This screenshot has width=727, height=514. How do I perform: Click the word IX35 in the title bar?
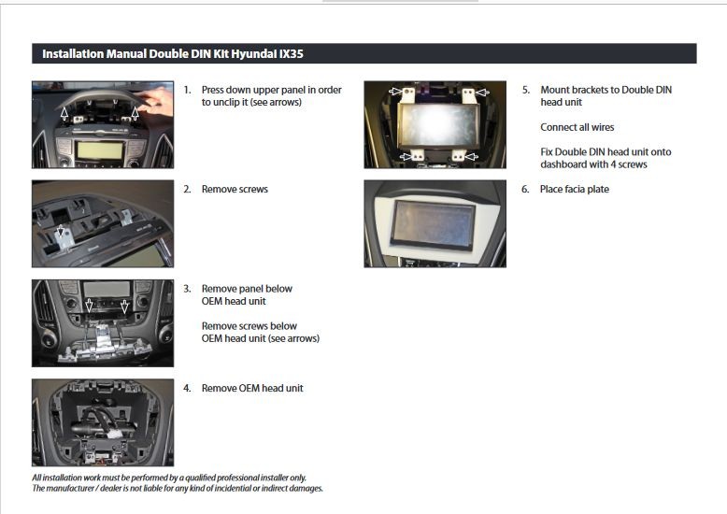pos(292,54)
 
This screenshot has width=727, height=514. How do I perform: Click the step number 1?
pos(187,90)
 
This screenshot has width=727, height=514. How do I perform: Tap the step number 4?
pos(187,388)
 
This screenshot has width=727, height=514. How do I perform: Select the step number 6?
pos(525,190)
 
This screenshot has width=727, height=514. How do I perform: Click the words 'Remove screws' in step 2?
pos(235,190)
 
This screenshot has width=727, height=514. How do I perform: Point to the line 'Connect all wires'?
pos(577,127)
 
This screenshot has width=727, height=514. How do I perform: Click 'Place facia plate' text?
pos(575,190)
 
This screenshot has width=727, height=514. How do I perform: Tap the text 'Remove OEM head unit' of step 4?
pos(252,388)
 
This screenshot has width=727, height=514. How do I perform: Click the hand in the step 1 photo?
pos(159,101)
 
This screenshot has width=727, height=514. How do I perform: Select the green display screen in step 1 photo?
pos(100,150)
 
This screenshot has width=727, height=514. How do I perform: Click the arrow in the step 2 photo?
pos(61,231)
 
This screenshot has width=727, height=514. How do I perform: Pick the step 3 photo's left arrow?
pos(89,306)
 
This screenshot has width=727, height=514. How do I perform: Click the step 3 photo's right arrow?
pos(124,307)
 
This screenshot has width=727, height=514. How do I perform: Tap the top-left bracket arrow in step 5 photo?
pos(395,92)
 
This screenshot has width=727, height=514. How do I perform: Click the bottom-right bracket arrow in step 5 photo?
pos(472,157)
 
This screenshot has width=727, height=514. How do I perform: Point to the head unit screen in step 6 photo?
pos(433,221)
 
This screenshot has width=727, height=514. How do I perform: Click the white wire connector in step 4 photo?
pos(115,435)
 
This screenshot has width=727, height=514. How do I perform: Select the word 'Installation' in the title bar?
pos(73,54)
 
